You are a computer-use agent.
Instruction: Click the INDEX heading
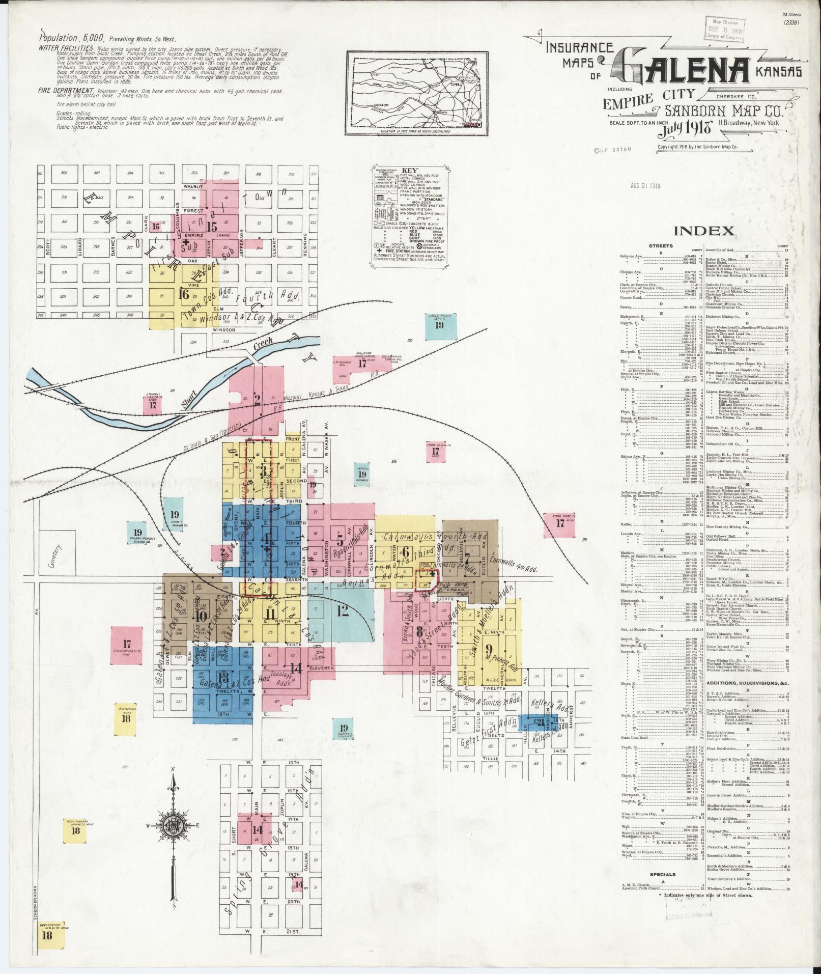point(704,231)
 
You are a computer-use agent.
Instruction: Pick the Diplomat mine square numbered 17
point(127,645)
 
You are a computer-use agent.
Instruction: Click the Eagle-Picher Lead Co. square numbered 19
point(439,326)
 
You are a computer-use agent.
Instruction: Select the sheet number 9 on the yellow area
point(489,649)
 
